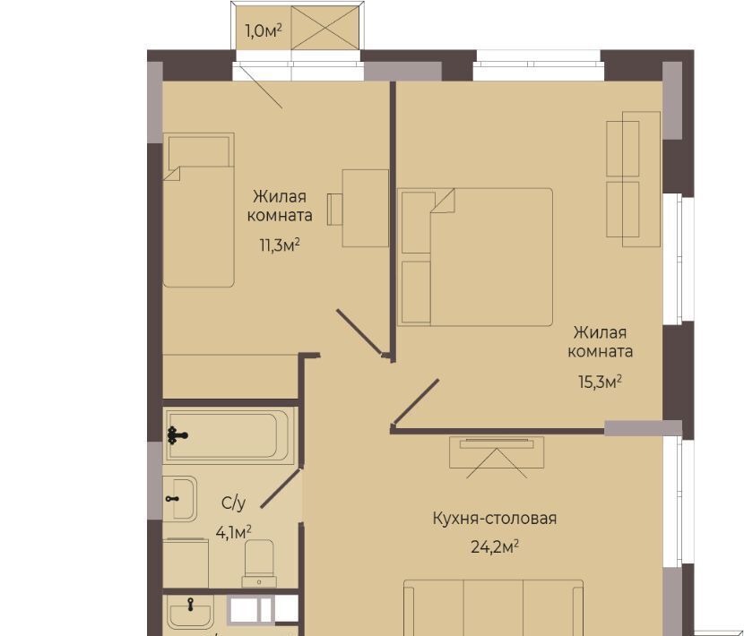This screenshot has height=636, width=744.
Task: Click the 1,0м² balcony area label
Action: click(264, 31)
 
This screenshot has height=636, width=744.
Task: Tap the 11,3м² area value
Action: click(280, 245)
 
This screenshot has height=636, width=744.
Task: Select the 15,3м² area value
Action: click(600, 382)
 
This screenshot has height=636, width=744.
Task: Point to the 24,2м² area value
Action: click(495, 546)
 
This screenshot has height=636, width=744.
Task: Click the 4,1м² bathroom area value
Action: click(233, 532)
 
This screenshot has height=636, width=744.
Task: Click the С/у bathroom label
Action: click(233, 503)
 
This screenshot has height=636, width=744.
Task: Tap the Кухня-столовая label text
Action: click(495, 518)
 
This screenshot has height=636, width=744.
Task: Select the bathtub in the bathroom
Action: click(229, 436)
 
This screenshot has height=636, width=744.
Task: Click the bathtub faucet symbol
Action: click(177, 435)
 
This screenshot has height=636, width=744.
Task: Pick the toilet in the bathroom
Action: click(259, 563)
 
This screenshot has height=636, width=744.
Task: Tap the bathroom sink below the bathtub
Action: click(180, 498)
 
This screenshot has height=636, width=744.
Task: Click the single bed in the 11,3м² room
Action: click(199, 211)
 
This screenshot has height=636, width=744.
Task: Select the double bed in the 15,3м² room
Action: click(475, 257)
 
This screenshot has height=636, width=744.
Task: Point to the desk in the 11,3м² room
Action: click(366, 208)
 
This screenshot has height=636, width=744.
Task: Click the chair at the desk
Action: click(335, 209)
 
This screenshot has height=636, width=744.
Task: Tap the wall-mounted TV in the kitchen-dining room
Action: click(497, 444)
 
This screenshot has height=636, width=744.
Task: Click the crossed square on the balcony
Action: click(324, 28)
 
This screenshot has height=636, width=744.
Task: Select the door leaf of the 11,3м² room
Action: click(359, 332)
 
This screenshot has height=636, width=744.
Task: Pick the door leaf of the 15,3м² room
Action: click(415, 401)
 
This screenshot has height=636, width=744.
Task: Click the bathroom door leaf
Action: click(281, 488)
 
